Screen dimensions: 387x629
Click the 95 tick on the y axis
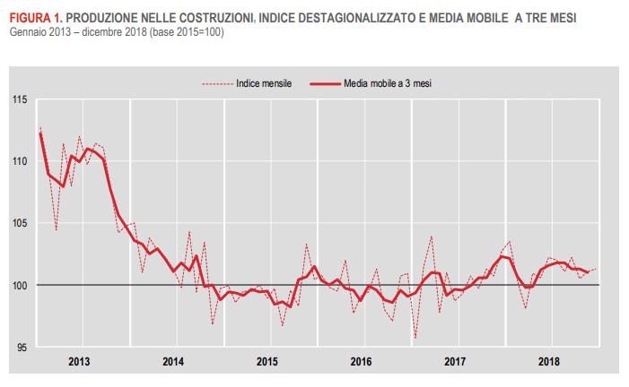tap(22, 348)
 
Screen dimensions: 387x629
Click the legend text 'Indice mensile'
tap(265, 82)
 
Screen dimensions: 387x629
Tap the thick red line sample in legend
tap(324, 82)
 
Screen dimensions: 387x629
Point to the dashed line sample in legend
tap(216, 82)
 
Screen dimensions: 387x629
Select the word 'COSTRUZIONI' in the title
tap(219, 18)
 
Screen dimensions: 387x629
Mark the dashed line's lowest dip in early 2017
tap(415, 339)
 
